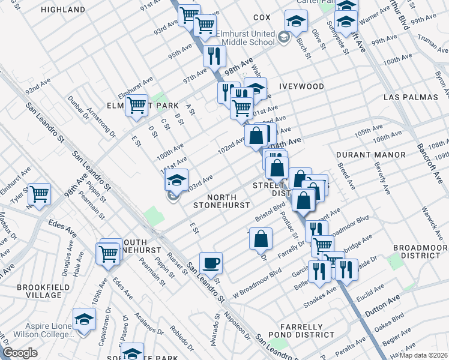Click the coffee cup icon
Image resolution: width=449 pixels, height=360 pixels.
tap(211, 263)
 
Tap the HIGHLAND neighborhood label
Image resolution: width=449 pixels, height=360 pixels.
tap(64, 10)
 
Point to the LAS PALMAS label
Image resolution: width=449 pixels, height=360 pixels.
tap(409, 97)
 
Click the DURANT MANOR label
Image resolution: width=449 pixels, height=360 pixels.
tap(364, 154)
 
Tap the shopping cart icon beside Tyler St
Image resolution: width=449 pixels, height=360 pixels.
tap(39, 194)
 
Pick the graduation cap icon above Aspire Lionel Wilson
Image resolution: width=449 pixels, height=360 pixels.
tap(84, 319)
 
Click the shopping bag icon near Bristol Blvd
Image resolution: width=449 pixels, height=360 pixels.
tap(261, 239)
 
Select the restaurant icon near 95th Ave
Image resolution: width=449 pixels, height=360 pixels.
tap(214, 56)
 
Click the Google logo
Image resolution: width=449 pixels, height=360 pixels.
tap(20, 353)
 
